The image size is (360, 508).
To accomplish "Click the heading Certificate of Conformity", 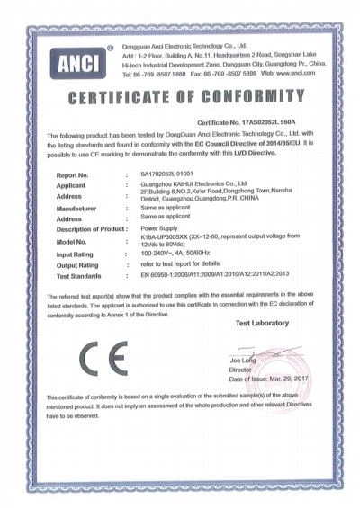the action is point(180,94).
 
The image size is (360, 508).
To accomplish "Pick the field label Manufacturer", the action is point(77,208).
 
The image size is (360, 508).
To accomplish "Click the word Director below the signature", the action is point(240,368).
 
